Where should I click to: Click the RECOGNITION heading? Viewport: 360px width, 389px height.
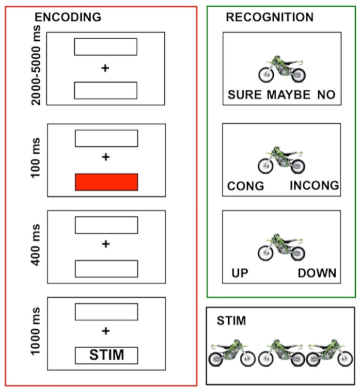[269, 17]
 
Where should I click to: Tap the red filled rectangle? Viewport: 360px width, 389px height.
[107, 181]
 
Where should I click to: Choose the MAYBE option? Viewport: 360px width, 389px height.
[288, 95]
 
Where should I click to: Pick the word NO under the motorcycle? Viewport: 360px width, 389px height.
[326, 95]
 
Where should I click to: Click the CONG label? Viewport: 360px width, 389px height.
[246, 186]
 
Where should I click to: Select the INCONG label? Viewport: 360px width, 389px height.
[313, 186]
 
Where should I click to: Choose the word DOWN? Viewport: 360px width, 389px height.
[317, 273]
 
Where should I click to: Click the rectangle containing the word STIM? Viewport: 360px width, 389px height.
[107, 356]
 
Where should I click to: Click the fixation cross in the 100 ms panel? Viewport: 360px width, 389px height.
[106, 157]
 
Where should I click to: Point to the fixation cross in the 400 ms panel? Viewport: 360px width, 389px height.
[106, 243]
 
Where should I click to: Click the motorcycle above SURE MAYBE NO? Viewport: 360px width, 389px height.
[282, 69]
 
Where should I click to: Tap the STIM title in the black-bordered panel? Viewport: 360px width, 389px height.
[232, 321]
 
